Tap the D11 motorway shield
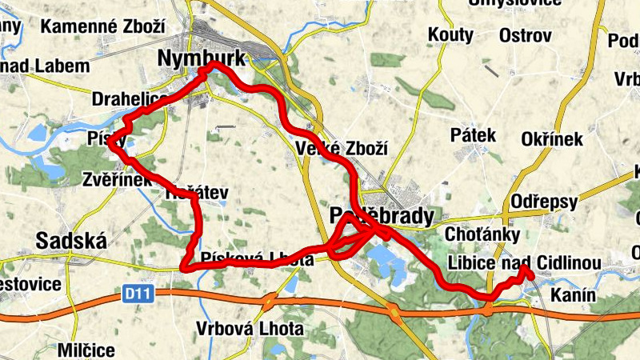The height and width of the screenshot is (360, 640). pos(138,294)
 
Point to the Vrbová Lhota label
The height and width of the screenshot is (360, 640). pos(250,329)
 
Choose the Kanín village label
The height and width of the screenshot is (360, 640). pos(573,295)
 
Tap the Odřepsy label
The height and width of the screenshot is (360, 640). pos(544,202)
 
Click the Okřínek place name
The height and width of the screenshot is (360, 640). pos(552,139)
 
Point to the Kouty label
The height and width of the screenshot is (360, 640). pos(451,35)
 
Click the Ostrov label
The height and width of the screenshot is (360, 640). pos(526,35)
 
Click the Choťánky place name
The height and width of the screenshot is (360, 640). pos(482,234)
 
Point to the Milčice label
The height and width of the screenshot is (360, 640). pos(86,350)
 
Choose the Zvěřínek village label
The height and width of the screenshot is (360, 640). pos(117,180)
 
